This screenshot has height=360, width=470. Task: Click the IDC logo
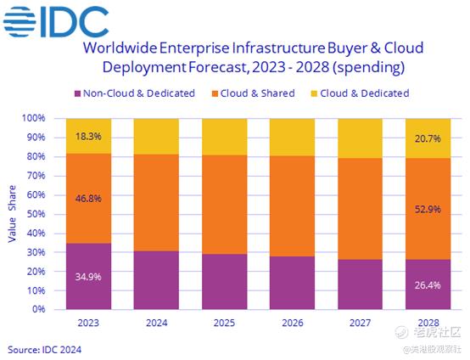(x=56, y=21)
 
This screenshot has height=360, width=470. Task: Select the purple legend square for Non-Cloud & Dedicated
(x=78, y=93)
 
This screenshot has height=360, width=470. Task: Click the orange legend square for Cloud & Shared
(x=215, y=93)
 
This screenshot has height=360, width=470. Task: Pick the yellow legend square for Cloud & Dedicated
(x=314, y=93)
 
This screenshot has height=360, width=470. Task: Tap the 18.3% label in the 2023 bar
(x=88, y=137)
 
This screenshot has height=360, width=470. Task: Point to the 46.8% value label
(x=88, y=199)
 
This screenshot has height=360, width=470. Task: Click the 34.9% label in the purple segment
(x=88, y=277)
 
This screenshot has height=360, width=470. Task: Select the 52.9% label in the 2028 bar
(x=428, y=209)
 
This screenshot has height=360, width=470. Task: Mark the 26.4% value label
(x=428, y=285)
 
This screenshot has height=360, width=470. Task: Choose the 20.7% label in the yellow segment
(x=428, y=138)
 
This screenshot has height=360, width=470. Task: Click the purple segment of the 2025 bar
(x=225, y=282)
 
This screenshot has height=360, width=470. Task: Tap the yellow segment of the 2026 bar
(x=292, y=138)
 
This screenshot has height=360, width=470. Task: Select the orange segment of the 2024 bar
(x=156, y=203)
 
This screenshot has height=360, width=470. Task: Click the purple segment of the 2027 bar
(x=361, y=284)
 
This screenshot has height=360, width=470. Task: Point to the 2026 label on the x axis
(x=292, y=323)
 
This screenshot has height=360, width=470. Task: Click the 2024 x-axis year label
(x=156, y=323)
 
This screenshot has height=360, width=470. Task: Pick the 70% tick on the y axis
(x=36, y=176)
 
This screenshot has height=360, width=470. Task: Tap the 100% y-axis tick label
(x=34, y=118)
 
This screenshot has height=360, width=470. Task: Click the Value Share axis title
(x=12, y=214)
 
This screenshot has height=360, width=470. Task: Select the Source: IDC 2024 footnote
(x=44, y=350)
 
